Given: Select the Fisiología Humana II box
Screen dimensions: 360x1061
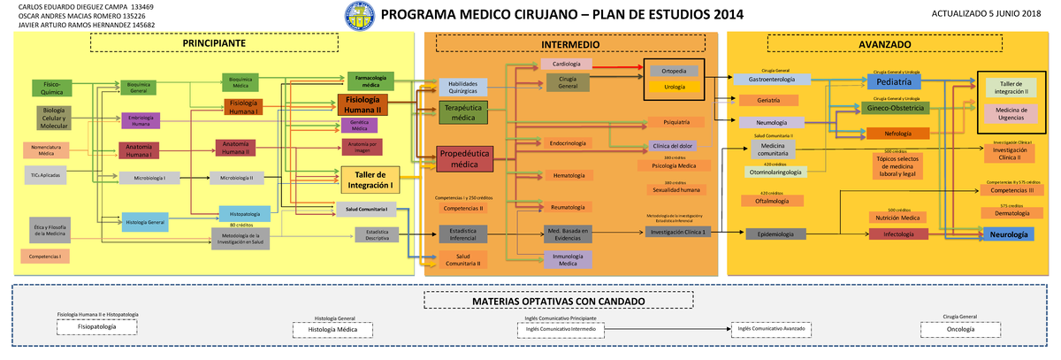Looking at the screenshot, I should [x=363, y=104].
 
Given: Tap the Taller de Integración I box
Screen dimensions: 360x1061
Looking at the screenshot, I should [x=370, y=180].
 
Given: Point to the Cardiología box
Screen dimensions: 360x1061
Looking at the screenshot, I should [x=566, y=64].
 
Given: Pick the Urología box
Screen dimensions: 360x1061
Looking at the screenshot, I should [x=674, y=86].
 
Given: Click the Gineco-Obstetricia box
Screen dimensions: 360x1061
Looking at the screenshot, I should [x=896, y=108].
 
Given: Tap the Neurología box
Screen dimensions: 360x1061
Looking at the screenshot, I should [x=1008, y=234].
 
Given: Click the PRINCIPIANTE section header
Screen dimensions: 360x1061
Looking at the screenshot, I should [x=214, y=43].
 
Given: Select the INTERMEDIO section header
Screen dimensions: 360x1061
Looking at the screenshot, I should [x=570, y=43].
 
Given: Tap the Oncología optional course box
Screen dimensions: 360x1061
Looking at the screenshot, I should [x=959, y=328].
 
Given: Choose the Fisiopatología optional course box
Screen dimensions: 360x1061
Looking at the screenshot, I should [x=97, y=326].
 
